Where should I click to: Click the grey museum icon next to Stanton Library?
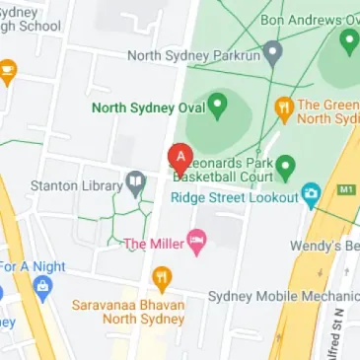135,182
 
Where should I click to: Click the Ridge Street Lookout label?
234,196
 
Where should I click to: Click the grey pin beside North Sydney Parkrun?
273,51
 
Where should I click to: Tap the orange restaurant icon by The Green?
285,107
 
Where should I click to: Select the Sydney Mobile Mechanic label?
283,296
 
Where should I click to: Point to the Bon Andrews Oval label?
308,19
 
